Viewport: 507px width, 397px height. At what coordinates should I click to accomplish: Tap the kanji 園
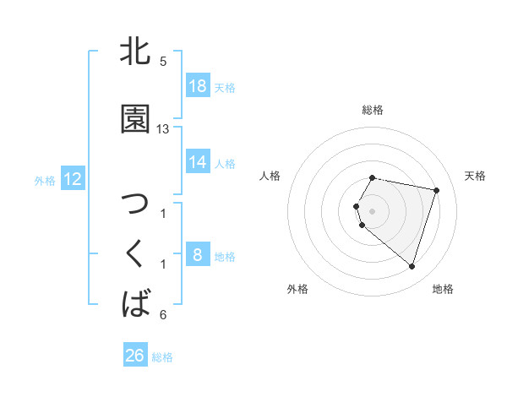(x=136, y=119)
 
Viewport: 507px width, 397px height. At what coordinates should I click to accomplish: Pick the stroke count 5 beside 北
(x=163, y=62)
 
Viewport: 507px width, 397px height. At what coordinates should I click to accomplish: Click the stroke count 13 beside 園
(x=163, y=129)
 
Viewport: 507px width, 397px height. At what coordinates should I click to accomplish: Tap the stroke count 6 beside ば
(x=163, y=315)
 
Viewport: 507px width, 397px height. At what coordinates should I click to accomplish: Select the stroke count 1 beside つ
(x=163, y=213)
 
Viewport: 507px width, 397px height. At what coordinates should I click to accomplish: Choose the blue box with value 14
(x=198, y=162)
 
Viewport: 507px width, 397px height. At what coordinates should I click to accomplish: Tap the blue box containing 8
(x=198, y=255)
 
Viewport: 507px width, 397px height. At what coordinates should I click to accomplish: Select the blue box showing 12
(x=73, y=179)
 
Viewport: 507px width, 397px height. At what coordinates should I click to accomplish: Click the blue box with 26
(x=134, y=356)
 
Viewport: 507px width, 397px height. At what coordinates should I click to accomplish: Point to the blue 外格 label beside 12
(x=45, y=180)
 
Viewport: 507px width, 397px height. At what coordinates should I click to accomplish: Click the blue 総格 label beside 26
(x=162, y=357)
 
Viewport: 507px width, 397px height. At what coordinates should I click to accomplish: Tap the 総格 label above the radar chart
(x=372, y=110)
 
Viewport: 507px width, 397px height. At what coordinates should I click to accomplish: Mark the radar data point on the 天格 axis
(x=436, y=190)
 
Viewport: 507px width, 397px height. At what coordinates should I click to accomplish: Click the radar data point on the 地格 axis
(x=412, y=266)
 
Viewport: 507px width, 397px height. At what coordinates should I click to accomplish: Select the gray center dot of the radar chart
(x=372, y=210)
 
